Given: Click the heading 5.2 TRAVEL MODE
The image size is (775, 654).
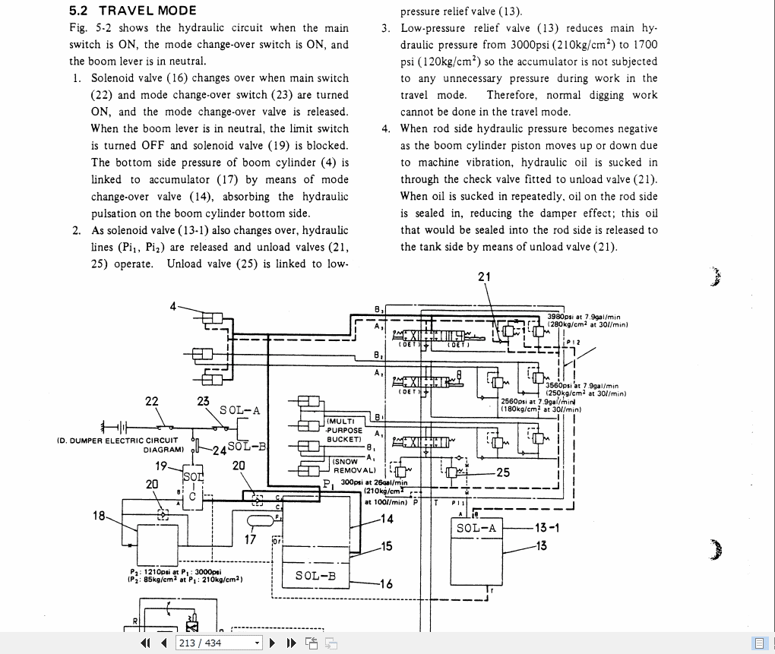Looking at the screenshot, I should click(x=133, y=11).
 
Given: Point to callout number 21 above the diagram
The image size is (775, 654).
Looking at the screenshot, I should click(x=484, y=276).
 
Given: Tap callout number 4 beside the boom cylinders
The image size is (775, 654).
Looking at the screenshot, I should click(x=173, y=307).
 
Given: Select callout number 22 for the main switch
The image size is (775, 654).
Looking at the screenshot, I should click(x=152, y=401).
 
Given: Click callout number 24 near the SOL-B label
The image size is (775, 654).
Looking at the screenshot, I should click(x=220, y=450).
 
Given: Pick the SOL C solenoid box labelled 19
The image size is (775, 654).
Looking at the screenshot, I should click(x=192, y=487).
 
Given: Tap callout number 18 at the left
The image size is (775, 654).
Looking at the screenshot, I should click(x=99, y=516).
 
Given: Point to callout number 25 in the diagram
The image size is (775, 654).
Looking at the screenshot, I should click(x=502, y=472).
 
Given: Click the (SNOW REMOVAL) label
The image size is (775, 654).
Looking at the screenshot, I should click(x=350, y=466).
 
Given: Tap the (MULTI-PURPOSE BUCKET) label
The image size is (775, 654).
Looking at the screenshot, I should click(x=344, y=430).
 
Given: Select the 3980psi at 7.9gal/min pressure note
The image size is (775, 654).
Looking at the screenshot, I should click(x=584, y=321).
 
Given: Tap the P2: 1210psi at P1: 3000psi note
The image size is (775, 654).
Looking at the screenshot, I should click(x=185, y=577).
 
